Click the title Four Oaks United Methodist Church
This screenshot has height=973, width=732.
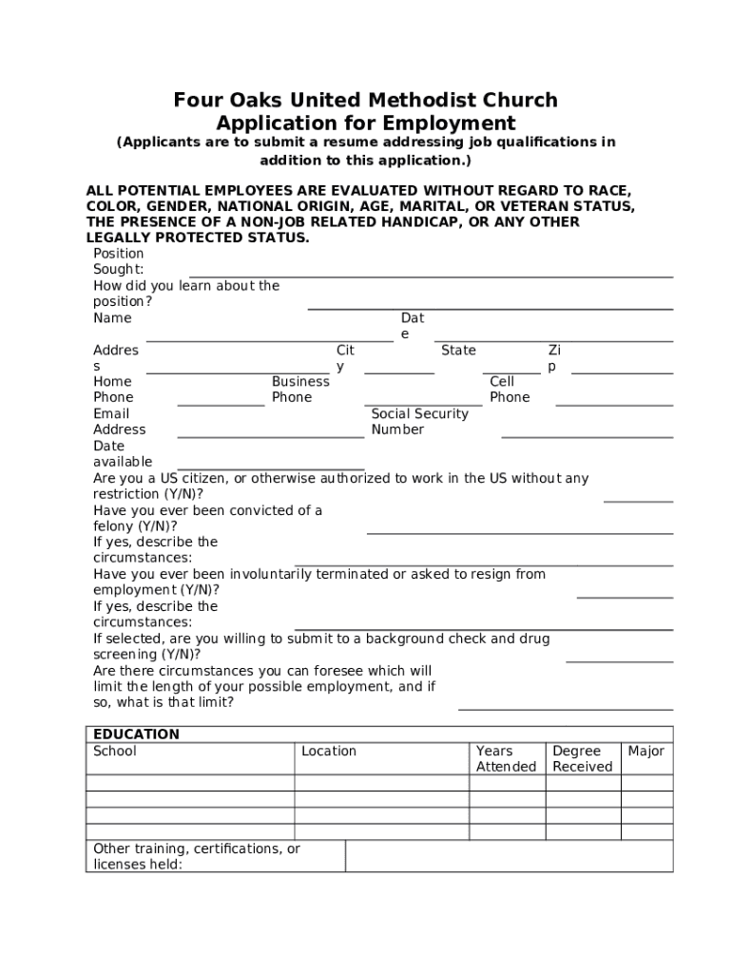tap(365, 100)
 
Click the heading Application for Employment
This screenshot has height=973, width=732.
tap(365, 124)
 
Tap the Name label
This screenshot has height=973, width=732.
tap(112, 318)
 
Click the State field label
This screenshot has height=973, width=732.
tap(458, 351)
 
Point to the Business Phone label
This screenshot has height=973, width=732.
tap(300, 390)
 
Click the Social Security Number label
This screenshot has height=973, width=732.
tap(419, 422)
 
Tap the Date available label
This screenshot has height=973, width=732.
tap(123, 454)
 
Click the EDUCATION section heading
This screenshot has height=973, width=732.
tap(136, 735)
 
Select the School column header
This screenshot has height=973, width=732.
tap(115, 752)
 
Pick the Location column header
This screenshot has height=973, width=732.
tap(329, 752)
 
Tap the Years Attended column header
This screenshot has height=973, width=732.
tap(506, 759)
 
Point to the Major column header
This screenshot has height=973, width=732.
tap(645, 752)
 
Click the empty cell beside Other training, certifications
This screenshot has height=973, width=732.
tap(509, 856)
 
